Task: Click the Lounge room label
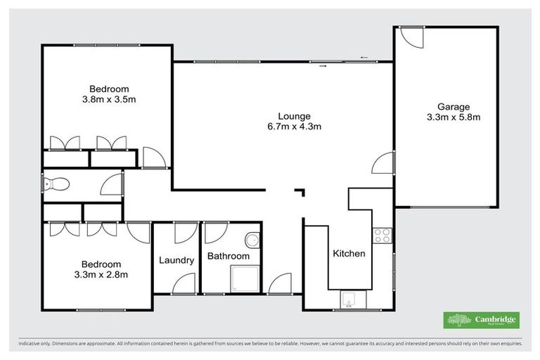[x=294, y=116]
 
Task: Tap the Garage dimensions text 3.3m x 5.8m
[x=454, y=117]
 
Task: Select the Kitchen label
[x=349, y=253]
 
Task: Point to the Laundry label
[x=176, y=260]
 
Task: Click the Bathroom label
[x=228, y=257]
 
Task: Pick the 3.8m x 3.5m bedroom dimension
[x=109, y=99]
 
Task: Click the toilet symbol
[x=56, y=184]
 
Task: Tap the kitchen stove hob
[x=382, y=236]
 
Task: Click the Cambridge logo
[x=481, y=320]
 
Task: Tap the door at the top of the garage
[x=411, y=37]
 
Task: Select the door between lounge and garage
[x=383, y=162]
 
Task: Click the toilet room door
[x=112, y=184]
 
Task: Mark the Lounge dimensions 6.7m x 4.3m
[x=294, y=127]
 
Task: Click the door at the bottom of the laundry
[x=185, y=283]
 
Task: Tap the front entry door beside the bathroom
[x=280, y=283]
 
